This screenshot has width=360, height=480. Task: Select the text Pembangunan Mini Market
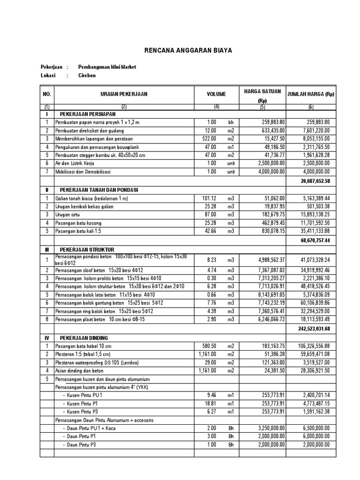(107, 67)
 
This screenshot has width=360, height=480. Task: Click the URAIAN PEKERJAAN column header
(124, 94)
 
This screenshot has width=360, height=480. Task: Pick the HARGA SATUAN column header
(262, 90)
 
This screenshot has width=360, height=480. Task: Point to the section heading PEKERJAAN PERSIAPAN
(87, 114)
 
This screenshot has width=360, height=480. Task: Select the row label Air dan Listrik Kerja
(75, 163)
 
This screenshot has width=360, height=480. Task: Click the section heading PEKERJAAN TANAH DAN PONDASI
(98, 190)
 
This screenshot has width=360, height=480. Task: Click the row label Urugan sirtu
(68, 215)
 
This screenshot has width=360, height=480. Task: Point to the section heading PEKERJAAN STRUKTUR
(87, 250)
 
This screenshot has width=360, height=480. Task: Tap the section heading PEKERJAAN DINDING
(84, 337)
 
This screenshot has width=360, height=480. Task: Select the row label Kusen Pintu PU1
(84, 395)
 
